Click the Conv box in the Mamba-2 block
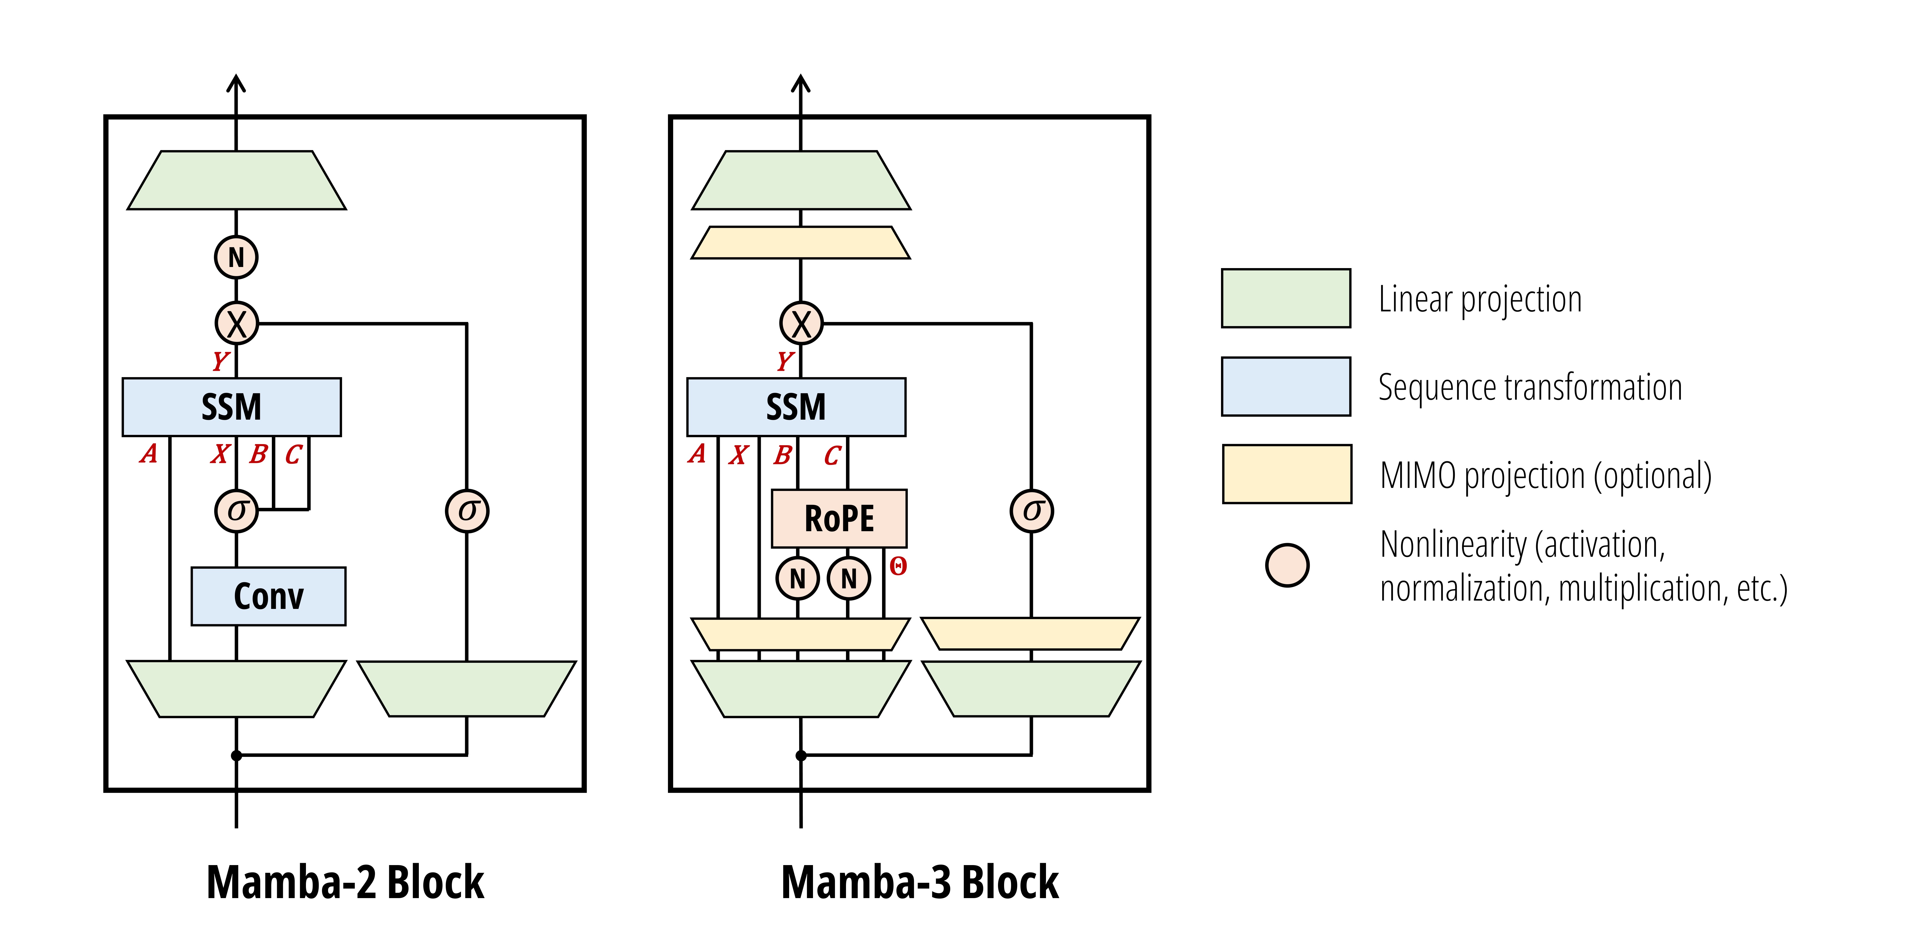point(268,596)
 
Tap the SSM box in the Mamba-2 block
point(231,407)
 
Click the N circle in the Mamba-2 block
point(236,257)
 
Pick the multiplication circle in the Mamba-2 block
point(236,324)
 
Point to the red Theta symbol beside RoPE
point(898,567)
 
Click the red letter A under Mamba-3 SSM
point(696,454)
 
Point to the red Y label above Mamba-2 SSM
point(220,362)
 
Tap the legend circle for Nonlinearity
point(1287,565)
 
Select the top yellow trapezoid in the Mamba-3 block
point(801,243)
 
